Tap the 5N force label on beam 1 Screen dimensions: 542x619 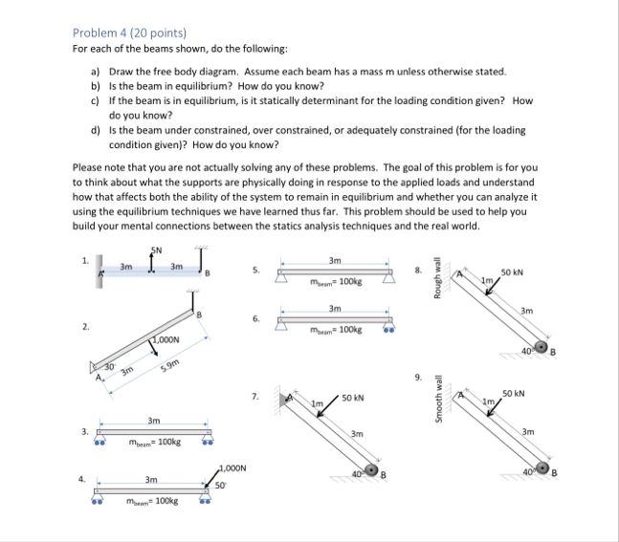tap(156, 250)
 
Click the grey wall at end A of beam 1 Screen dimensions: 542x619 tap(99, 277)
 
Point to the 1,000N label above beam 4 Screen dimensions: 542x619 tap(232, 468)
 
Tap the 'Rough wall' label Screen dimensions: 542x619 tap(436, 280)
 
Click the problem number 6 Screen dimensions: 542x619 tap(253, 317)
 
